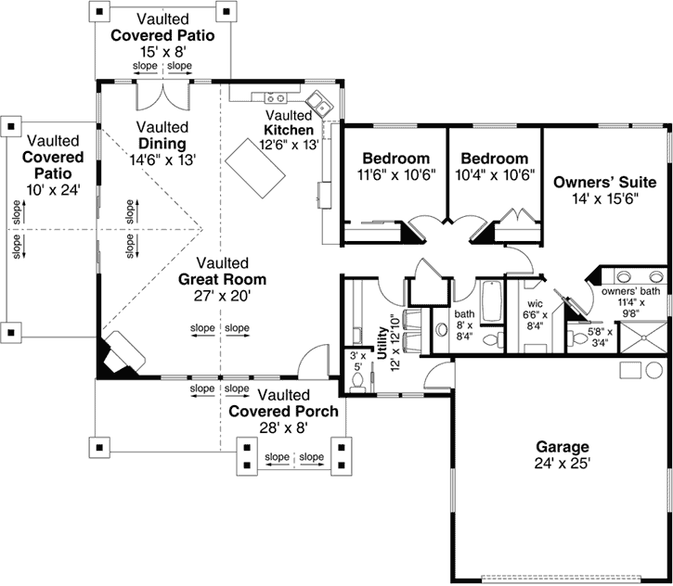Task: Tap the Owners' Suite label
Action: click(x=604, y=182)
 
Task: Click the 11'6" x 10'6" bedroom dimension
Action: click(x=395, y=174)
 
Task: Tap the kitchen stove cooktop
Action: click(x=276, y=97)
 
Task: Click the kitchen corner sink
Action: click(x=317, y=102)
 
